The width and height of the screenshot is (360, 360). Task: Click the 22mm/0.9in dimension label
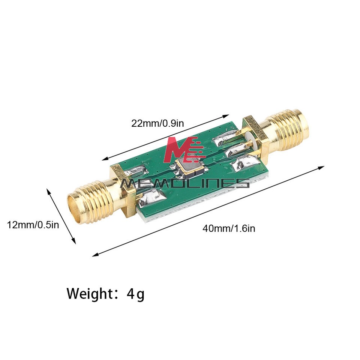[157, 123]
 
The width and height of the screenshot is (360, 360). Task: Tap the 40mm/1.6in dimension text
[229, 228]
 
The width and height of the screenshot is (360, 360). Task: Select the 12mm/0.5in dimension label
[33, 225]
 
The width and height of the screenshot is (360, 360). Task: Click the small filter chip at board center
[190, 165]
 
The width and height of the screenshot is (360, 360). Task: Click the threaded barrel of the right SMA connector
[289, 125]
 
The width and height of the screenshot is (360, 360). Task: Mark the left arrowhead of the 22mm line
[105, 159]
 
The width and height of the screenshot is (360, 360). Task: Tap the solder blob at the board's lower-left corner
[147, 198]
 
